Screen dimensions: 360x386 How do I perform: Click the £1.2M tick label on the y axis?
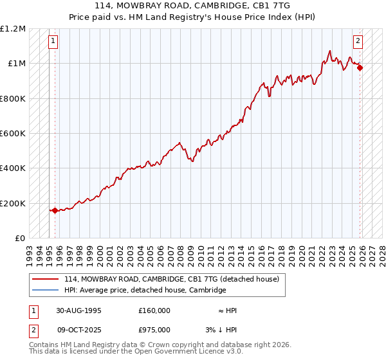pyautogui.click(x=13, y=28)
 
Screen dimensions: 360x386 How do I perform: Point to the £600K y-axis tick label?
pyautogui.click(x=13, y=133)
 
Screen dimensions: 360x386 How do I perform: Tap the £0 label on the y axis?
pyautogui.click(x=19, y=238)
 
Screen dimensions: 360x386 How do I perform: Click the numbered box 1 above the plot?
pyautogui.click(x=53, y=41)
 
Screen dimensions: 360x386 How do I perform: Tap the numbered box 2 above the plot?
pyautogui.click(x=358, y=41)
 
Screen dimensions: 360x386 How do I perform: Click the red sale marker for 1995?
pyautogui.click(x=55, y=210)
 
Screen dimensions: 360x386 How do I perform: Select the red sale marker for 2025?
pyautogui.click(x=360, y=67)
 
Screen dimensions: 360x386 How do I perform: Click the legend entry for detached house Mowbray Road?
pyautogui.click(x=172, y=279)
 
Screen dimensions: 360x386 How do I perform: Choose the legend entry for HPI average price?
pyautogui.click(x=145, y=290)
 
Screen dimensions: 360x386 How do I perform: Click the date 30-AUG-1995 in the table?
pyautogui.click(x=78, y=310)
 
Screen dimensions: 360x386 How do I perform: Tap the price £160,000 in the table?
pyautogui.click(x=154, y=310)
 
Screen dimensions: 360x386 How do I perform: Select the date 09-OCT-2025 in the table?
pyautogui.click(x=78, y=329)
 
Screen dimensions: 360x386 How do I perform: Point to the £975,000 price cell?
pyautogui.click(x=154, y=329)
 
